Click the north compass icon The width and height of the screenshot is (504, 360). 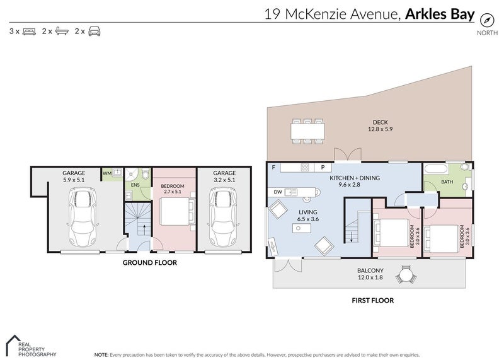486,20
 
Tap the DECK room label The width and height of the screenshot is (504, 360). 381,122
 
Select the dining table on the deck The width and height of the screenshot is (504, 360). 307,131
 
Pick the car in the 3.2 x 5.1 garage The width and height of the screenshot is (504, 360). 224,218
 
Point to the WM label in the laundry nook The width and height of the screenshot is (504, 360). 106,173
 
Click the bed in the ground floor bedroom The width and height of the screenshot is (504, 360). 178,211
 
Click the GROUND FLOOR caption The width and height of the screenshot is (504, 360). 150,262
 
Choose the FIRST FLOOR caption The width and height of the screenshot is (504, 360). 373,301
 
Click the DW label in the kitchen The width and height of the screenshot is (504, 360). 278,192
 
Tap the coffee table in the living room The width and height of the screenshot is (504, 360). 302,228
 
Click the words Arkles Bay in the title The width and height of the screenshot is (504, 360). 440,14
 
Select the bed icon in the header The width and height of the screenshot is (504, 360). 29,31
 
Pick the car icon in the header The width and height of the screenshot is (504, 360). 94,31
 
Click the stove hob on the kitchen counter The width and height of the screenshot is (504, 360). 305,167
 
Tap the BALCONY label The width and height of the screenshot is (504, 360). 370,270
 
